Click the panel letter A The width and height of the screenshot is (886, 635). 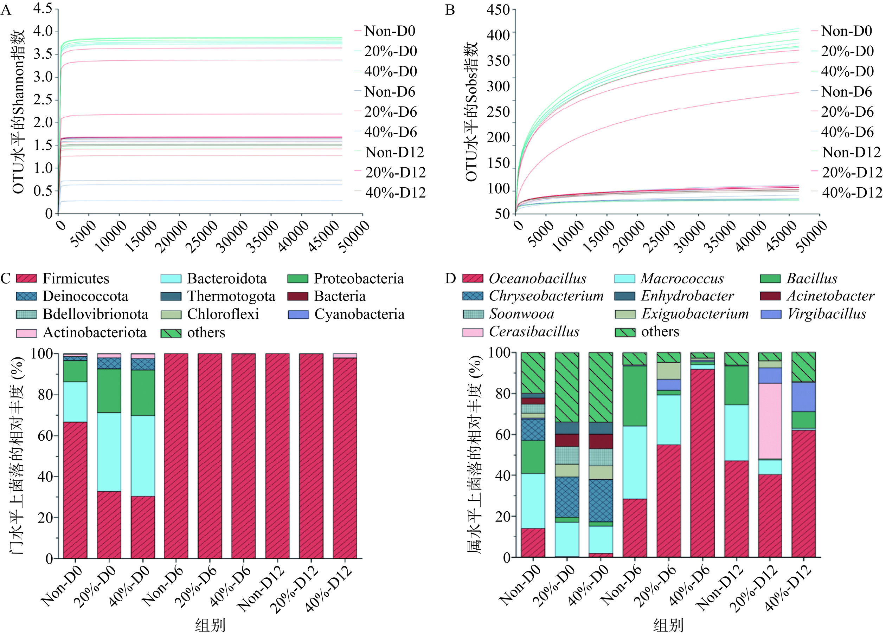pyautogui.click(x=6, y=9)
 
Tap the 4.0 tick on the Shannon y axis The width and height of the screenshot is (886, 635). pyautogui.click(x=43, y=31)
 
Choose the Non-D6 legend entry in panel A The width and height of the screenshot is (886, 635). pyautogui.click(x=390, y=92)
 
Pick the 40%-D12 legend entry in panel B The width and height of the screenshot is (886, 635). pyautogui.click(x=852, y=193)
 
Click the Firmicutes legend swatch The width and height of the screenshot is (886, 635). pyautogui.click(x=27, y=278)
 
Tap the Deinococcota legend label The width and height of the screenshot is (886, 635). pyautogui.click(x=85, y=296)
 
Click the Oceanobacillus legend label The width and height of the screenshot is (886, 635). pyautogui.click(x=538, y=278)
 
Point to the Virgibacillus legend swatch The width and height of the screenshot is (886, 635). pyautogui.click(x=771, y=314)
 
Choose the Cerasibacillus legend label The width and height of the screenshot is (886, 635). pyautogui.click(x=534, y=332)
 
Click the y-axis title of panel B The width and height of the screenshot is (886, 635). pyautogui.click(x=472, y=111)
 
